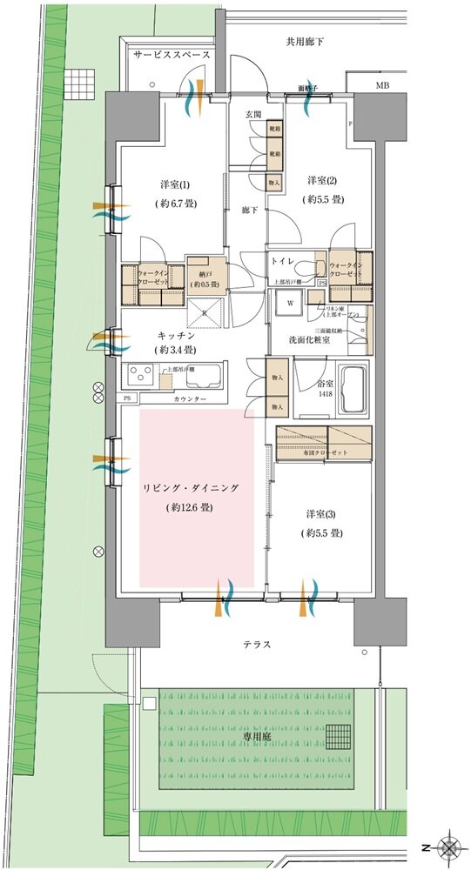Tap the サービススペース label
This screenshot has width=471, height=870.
coord(172,55)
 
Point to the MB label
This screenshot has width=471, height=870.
coord(382,85)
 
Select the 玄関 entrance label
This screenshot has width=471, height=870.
coord(253,114)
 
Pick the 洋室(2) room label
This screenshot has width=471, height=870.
coord(320,181)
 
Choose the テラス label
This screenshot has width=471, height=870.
coord(257,645)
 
